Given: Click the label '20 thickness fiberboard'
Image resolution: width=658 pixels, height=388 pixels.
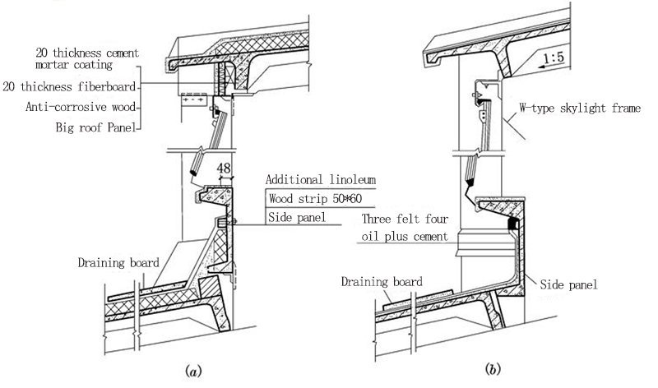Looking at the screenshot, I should tap(72, 85).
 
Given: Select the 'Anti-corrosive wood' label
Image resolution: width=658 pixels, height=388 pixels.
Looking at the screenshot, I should tap(81, 107).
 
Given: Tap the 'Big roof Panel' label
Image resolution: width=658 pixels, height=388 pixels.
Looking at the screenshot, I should tap(97, 127).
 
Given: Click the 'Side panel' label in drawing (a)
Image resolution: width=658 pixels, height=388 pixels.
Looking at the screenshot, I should tap(294, 217).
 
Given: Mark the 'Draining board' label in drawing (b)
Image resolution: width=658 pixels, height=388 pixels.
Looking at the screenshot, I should tap(382, 282).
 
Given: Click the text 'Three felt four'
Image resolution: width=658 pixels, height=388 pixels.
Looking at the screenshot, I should tap(405, 220).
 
